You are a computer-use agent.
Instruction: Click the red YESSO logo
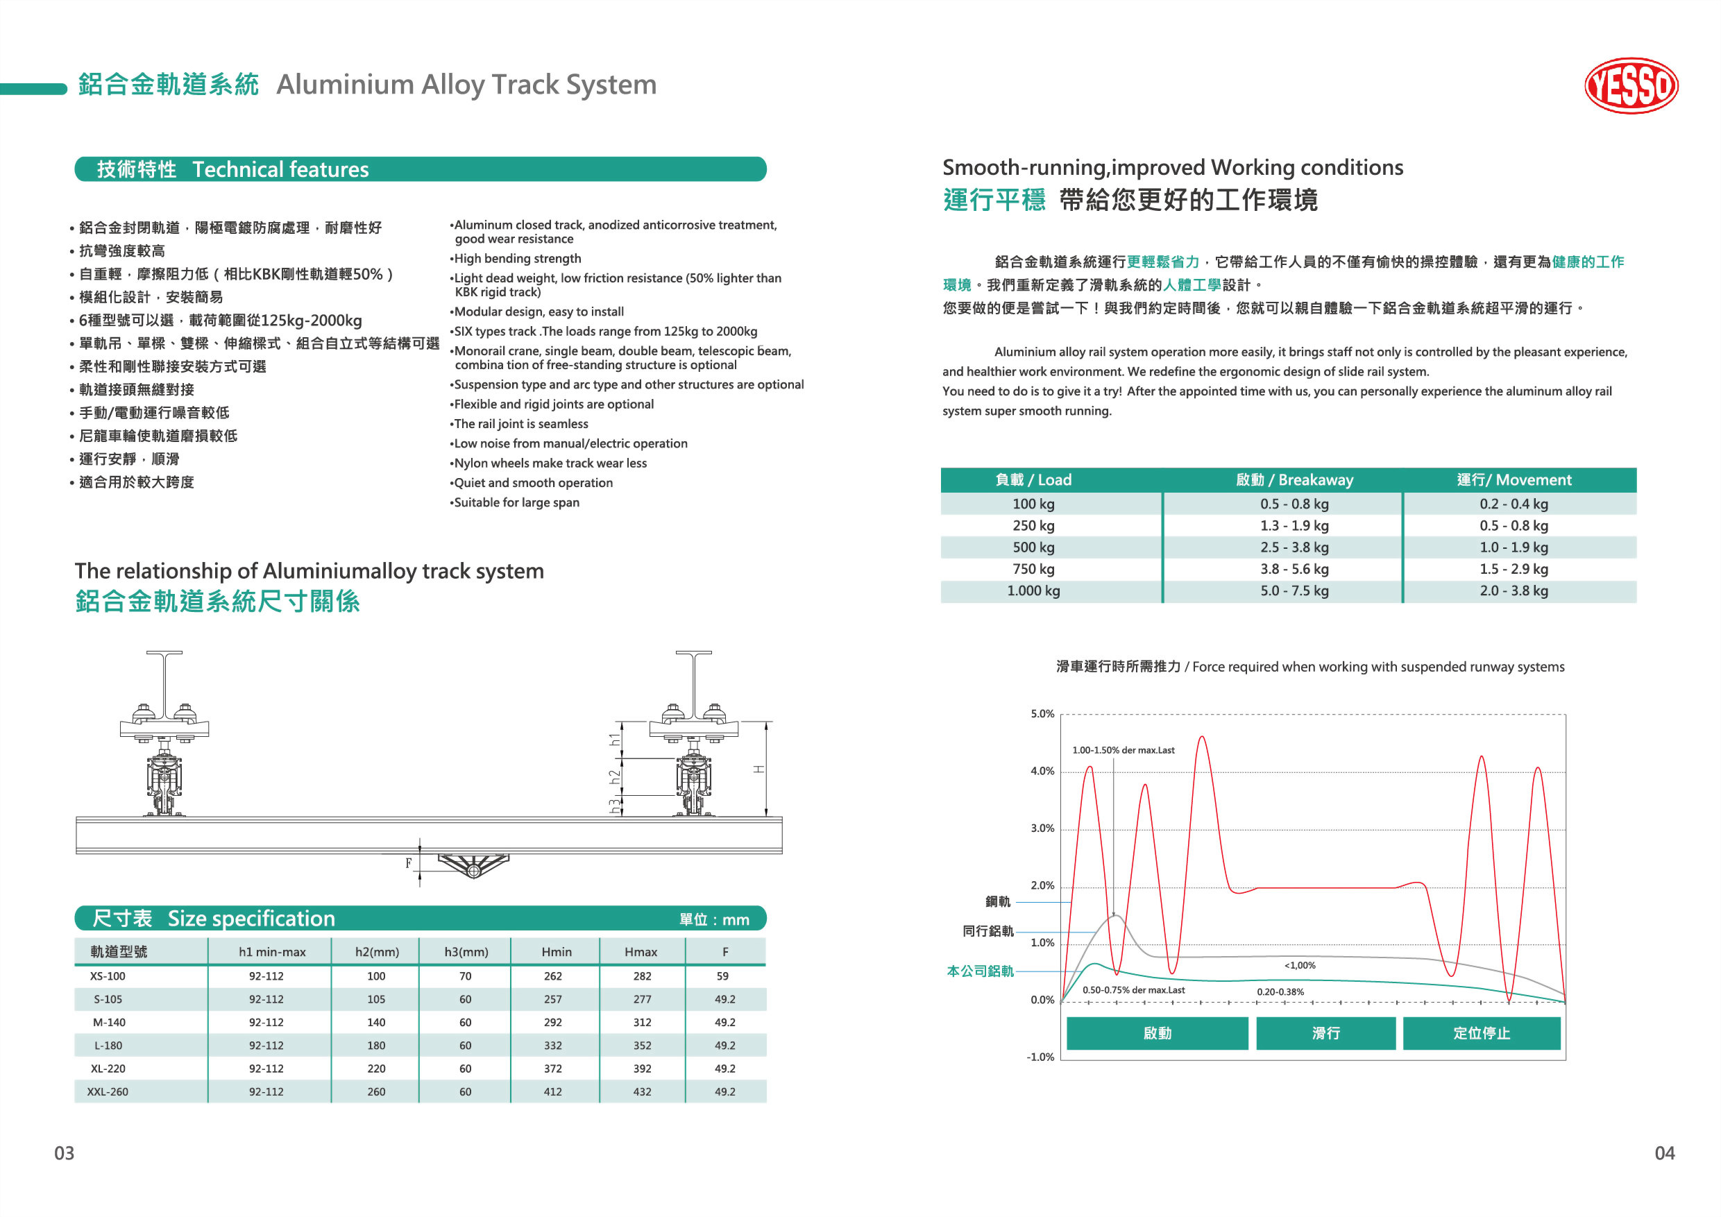click(x=1630, y=85)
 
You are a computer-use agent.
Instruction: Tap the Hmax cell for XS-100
click(x=642, y=976)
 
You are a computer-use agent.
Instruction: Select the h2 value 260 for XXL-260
click(x=375, y=1092)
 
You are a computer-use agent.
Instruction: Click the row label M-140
click(x=109, y=1022)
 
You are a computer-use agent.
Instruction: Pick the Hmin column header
click(x=556, y=952)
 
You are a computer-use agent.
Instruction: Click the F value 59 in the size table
click(x=722, y=976)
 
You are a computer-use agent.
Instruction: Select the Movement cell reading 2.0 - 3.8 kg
click(x=1514, y=590)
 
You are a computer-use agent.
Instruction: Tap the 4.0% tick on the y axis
click(x=1042, y=771)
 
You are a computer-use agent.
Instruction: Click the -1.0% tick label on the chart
click(x=1040, y=1057)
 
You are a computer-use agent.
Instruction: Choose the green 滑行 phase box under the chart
click(x=1325, y=1033)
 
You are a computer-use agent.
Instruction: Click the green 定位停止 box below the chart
click(x=1481, y=1033)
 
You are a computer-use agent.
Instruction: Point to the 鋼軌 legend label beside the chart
click(x=997, y=901)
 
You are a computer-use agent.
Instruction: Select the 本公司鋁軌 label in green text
click(x=980, y=971)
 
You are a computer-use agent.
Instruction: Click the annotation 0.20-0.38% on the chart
click(x=1280, y=992)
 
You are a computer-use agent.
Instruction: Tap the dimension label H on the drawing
click(x=759, y=769)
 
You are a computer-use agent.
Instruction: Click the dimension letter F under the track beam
click(x=409, y=863)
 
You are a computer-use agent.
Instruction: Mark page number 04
click(x=1664, y=1153)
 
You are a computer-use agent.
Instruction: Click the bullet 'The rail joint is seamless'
click(x=520, y=424)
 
